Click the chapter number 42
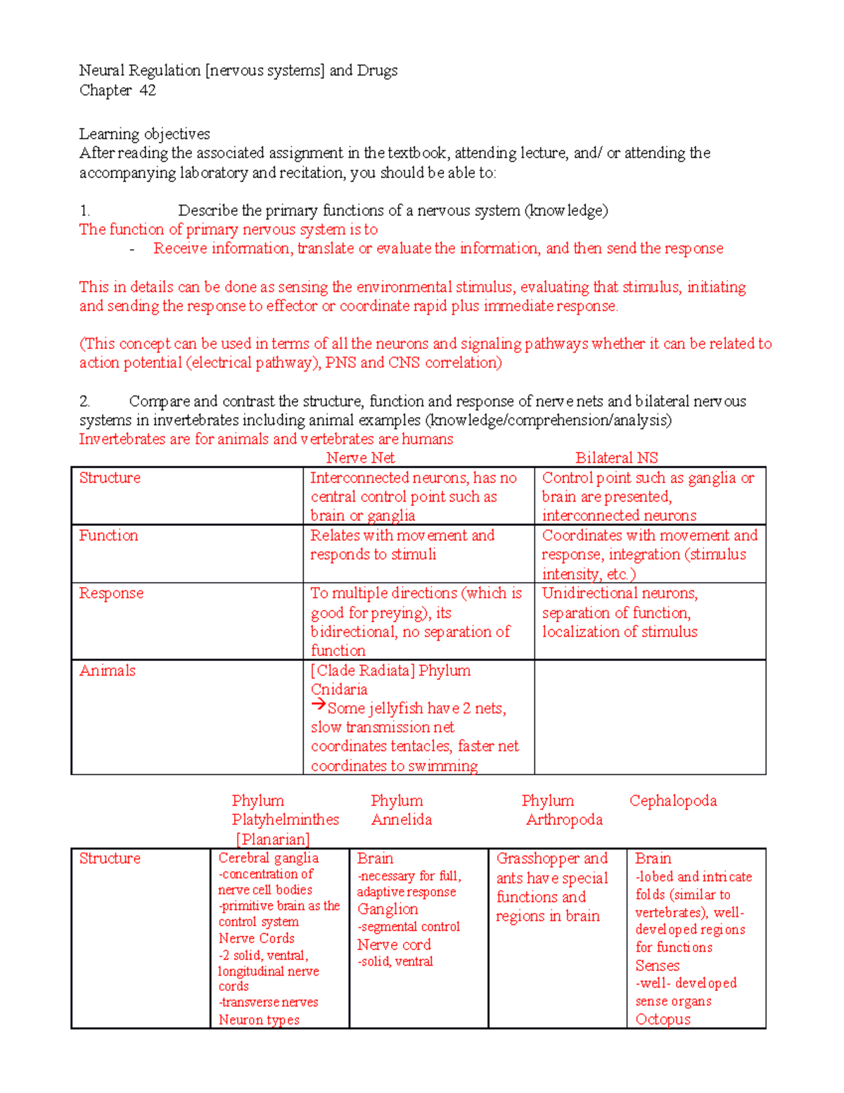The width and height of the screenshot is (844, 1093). (x=148, y=90)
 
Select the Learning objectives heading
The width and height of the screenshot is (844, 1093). (x=144, y=134)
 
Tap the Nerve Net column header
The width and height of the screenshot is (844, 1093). (x=360, y=458)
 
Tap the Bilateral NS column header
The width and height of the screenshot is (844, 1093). (x=616, y=458)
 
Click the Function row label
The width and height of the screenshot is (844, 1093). (x=108, y=536)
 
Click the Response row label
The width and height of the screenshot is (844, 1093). (x=111, y=593)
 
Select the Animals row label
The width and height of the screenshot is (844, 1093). (x=107, y=671)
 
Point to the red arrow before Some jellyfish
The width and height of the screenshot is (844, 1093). (x=319, y=705)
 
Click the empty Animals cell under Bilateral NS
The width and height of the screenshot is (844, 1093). (x=650, y=716)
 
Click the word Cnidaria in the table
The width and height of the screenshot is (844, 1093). (x=339, y=690)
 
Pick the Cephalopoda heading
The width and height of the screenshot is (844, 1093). (x=673, y=801)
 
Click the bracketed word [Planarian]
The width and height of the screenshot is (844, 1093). (x=273, y=840)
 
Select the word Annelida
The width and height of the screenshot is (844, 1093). (x=402, y=820)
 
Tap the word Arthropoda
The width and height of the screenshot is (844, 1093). (x=564, y=820)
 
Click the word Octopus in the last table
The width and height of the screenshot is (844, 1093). (x=663, y=1019)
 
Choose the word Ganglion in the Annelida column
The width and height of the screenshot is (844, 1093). (x=388, y=909)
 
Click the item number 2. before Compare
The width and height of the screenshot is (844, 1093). (x=84, y=401)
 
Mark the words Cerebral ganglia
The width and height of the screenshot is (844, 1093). (x=268, y=858)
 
